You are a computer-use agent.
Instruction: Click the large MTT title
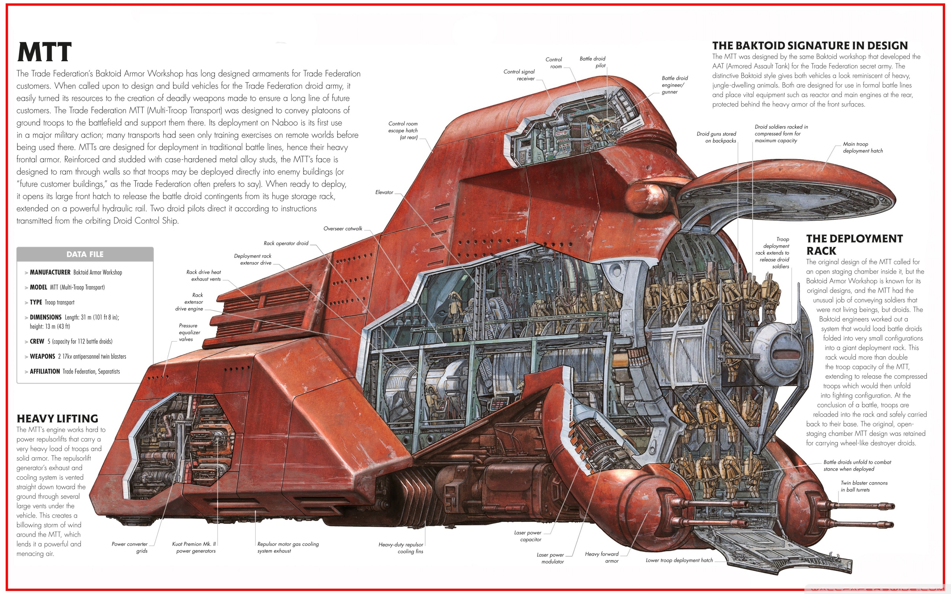[45, 52]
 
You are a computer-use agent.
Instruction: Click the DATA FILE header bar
[85, 254]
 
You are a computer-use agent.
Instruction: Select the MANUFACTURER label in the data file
[50, 272]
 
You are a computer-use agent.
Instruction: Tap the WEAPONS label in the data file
[42, 356]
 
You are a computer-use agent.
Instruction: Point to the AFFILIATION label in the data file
[45, 371]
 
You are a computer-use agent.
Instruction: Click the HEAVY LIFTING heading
[57, 418]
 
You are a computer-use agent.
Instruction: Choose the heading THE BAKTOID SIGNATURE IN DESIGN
[810, 46]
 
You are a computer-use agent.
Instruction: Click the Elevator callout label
[384, 192]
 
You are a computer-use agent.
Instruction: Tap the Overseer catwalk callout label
[343, 228]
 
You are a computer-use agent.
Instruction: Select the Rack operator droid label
[286, 243]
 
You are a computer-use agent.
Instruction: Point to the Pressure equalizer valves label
[189, 332]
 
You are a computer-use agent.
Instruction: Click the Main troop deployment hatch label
[863, 147]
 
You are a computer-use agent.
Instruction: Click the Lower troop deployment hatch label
[679, 560]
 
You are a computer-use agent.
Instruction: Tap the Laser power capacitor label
[528, 536]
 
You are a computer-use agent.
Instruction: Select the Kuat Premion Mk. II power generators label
[194, 547]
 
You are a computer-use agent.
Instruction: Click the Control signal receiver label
[519, 75]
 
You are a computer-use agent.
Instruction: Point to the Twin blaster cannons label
[864, 486]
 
